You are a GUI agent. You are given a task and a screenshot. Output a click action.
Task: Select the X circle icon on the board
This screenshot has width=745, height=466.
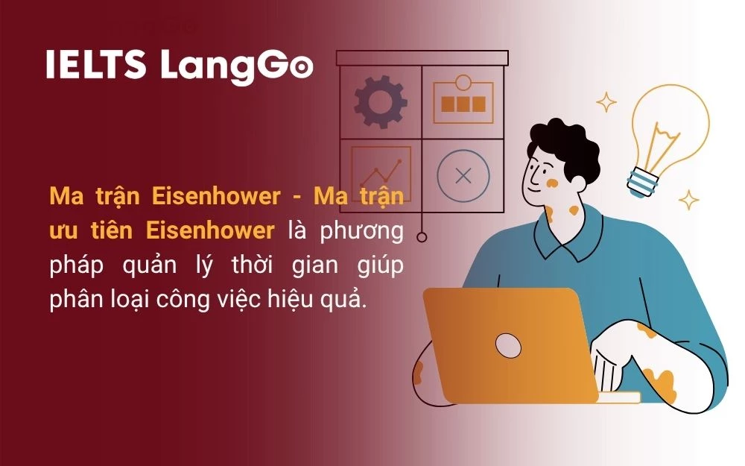[463, 177]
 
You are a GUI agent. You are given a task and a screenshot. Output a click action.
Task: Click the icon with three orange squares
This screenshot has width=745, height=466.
[463, 103]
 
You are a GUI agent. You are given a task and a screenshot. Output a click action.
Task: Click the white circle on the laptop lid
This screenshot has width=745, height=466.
[508, 344]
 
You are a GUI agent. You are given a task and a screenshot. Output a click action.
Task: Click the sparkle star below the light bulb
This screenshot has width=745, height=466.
[689, 199]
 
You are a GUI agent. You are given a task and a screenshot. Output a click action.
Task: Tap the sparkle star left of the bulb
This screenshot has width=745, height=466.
[606, 102]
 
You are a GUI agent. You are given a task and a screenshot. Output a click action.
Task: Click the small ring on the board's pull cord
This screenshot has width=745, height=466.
[422, 237]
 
